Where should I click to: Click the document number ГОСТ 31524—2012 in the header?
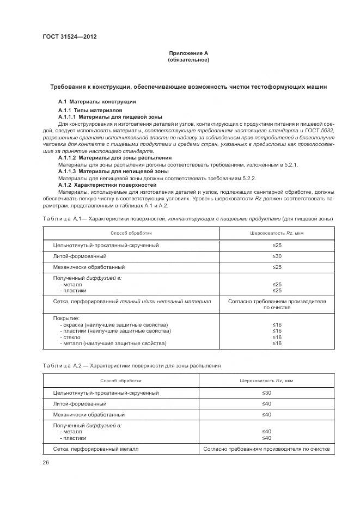coord(70,37)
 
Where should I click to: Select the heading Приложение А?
coord(188,53)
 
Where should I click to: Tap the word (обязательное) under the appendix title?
coord(188,59)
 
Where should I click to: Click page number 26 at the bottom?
coord(45,463)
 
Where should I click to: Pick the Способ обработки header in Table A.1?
coord(131,233)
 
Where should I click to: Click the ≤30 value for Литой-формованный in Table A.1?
coord(277,256)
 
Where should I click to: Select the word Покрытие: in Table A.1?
coord(66,318)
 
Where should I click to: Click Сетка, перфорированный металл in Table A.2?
coord(96,449)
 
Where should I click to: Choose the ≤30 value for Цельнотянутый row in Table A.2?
coord(266,393)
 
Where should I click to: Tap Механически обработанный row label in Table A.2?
coord(89,415)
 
